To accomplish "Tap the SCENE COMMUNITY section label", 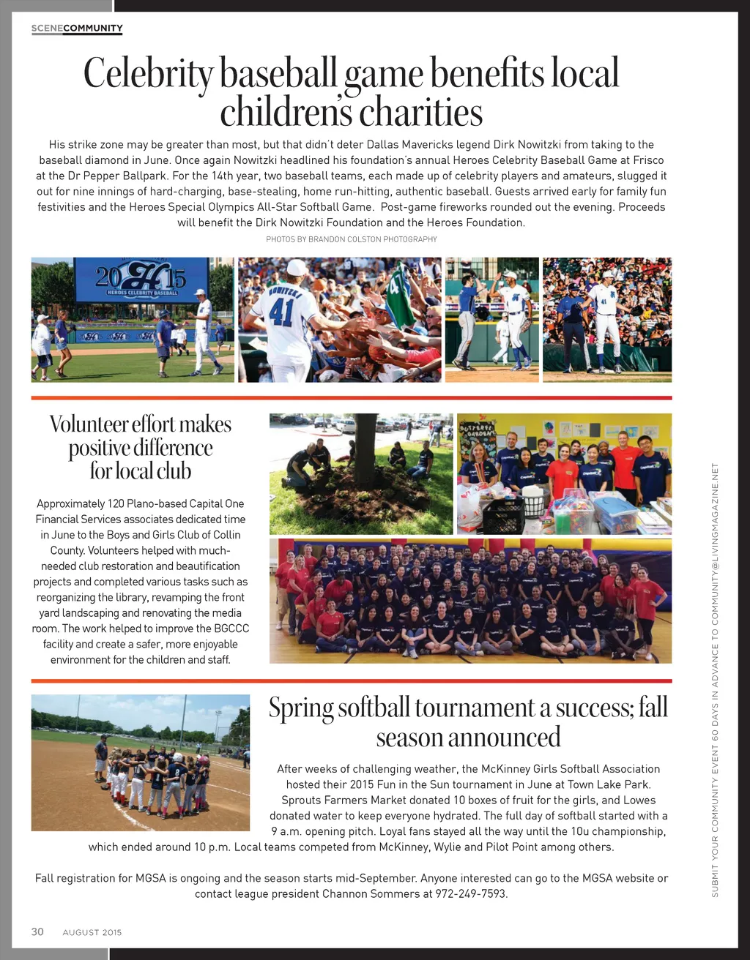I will coord(77,29).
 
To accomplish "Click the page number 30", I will coord(37,931).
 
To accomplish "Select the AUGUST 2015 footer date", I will coord(92,932).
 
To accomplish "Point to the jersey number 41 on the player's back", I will coord(281,312).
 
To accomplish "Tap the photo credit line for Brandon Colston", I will coord(352,239).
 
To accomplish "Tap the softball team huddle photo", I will coord(141,762).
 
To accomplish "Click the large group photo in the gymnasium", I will coord(470,601).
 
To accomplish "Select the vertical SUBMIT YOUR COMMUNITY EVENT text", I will coord(716,680).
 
